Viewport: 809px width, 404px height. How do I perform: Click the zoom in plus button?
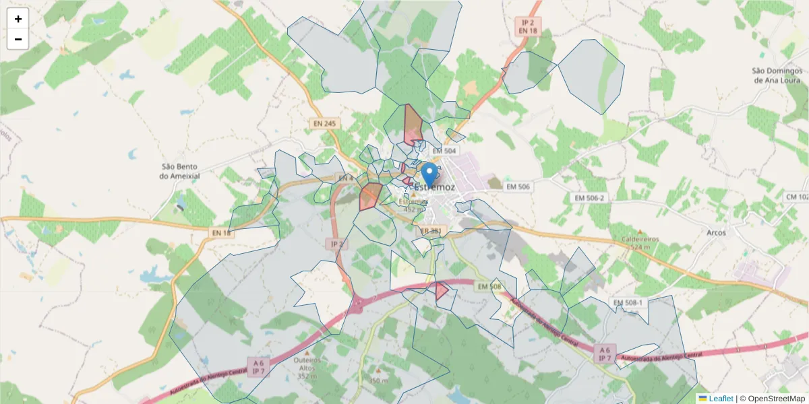pyautogui.click(x=18, y=19)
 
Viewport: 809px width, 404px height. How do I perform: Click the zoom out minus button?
pyautogui.click(x=18, y=39)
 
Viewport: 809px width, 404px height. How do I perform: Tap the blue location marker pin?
pyautogui.click(x=429, y=174)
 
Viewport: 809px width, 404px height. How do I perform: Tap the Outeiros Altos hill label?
pyautogui.click(x=307, y=364)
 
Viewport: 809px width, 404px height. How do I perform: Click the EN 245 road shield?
pyautogui.click(x=324, y=124)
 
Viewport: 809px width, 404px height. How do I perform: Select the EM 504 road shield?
pyautogui.click(x=444, y=151)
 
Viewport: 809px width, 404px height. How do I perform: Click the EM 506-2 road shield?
pyautogui.click(x=589, y=198)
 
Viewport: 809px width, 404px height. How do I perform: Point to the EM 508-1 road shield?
pyautogui.click(x=628, y=303)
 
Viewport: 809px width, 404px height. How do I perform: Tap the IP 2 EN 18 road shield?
pyautogui.click(x=528, y=26)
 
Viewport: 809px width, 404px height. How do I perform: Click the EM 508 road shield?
pyautogui.click(x=490, y=287)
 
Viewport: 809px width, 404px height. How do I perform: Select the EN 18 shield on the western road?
pyautogui.click(x=221, y=232)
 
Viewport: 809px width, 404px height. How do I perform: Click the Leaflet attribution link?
pyautogui.click(x=720, y=399)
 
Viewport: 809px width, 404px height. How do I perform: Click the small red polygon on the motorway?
pyautogui.click(x=442, y=291)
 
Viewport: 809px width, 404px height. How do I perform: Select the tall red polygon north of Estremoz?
pyautogui.click(x=412, y=126)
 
